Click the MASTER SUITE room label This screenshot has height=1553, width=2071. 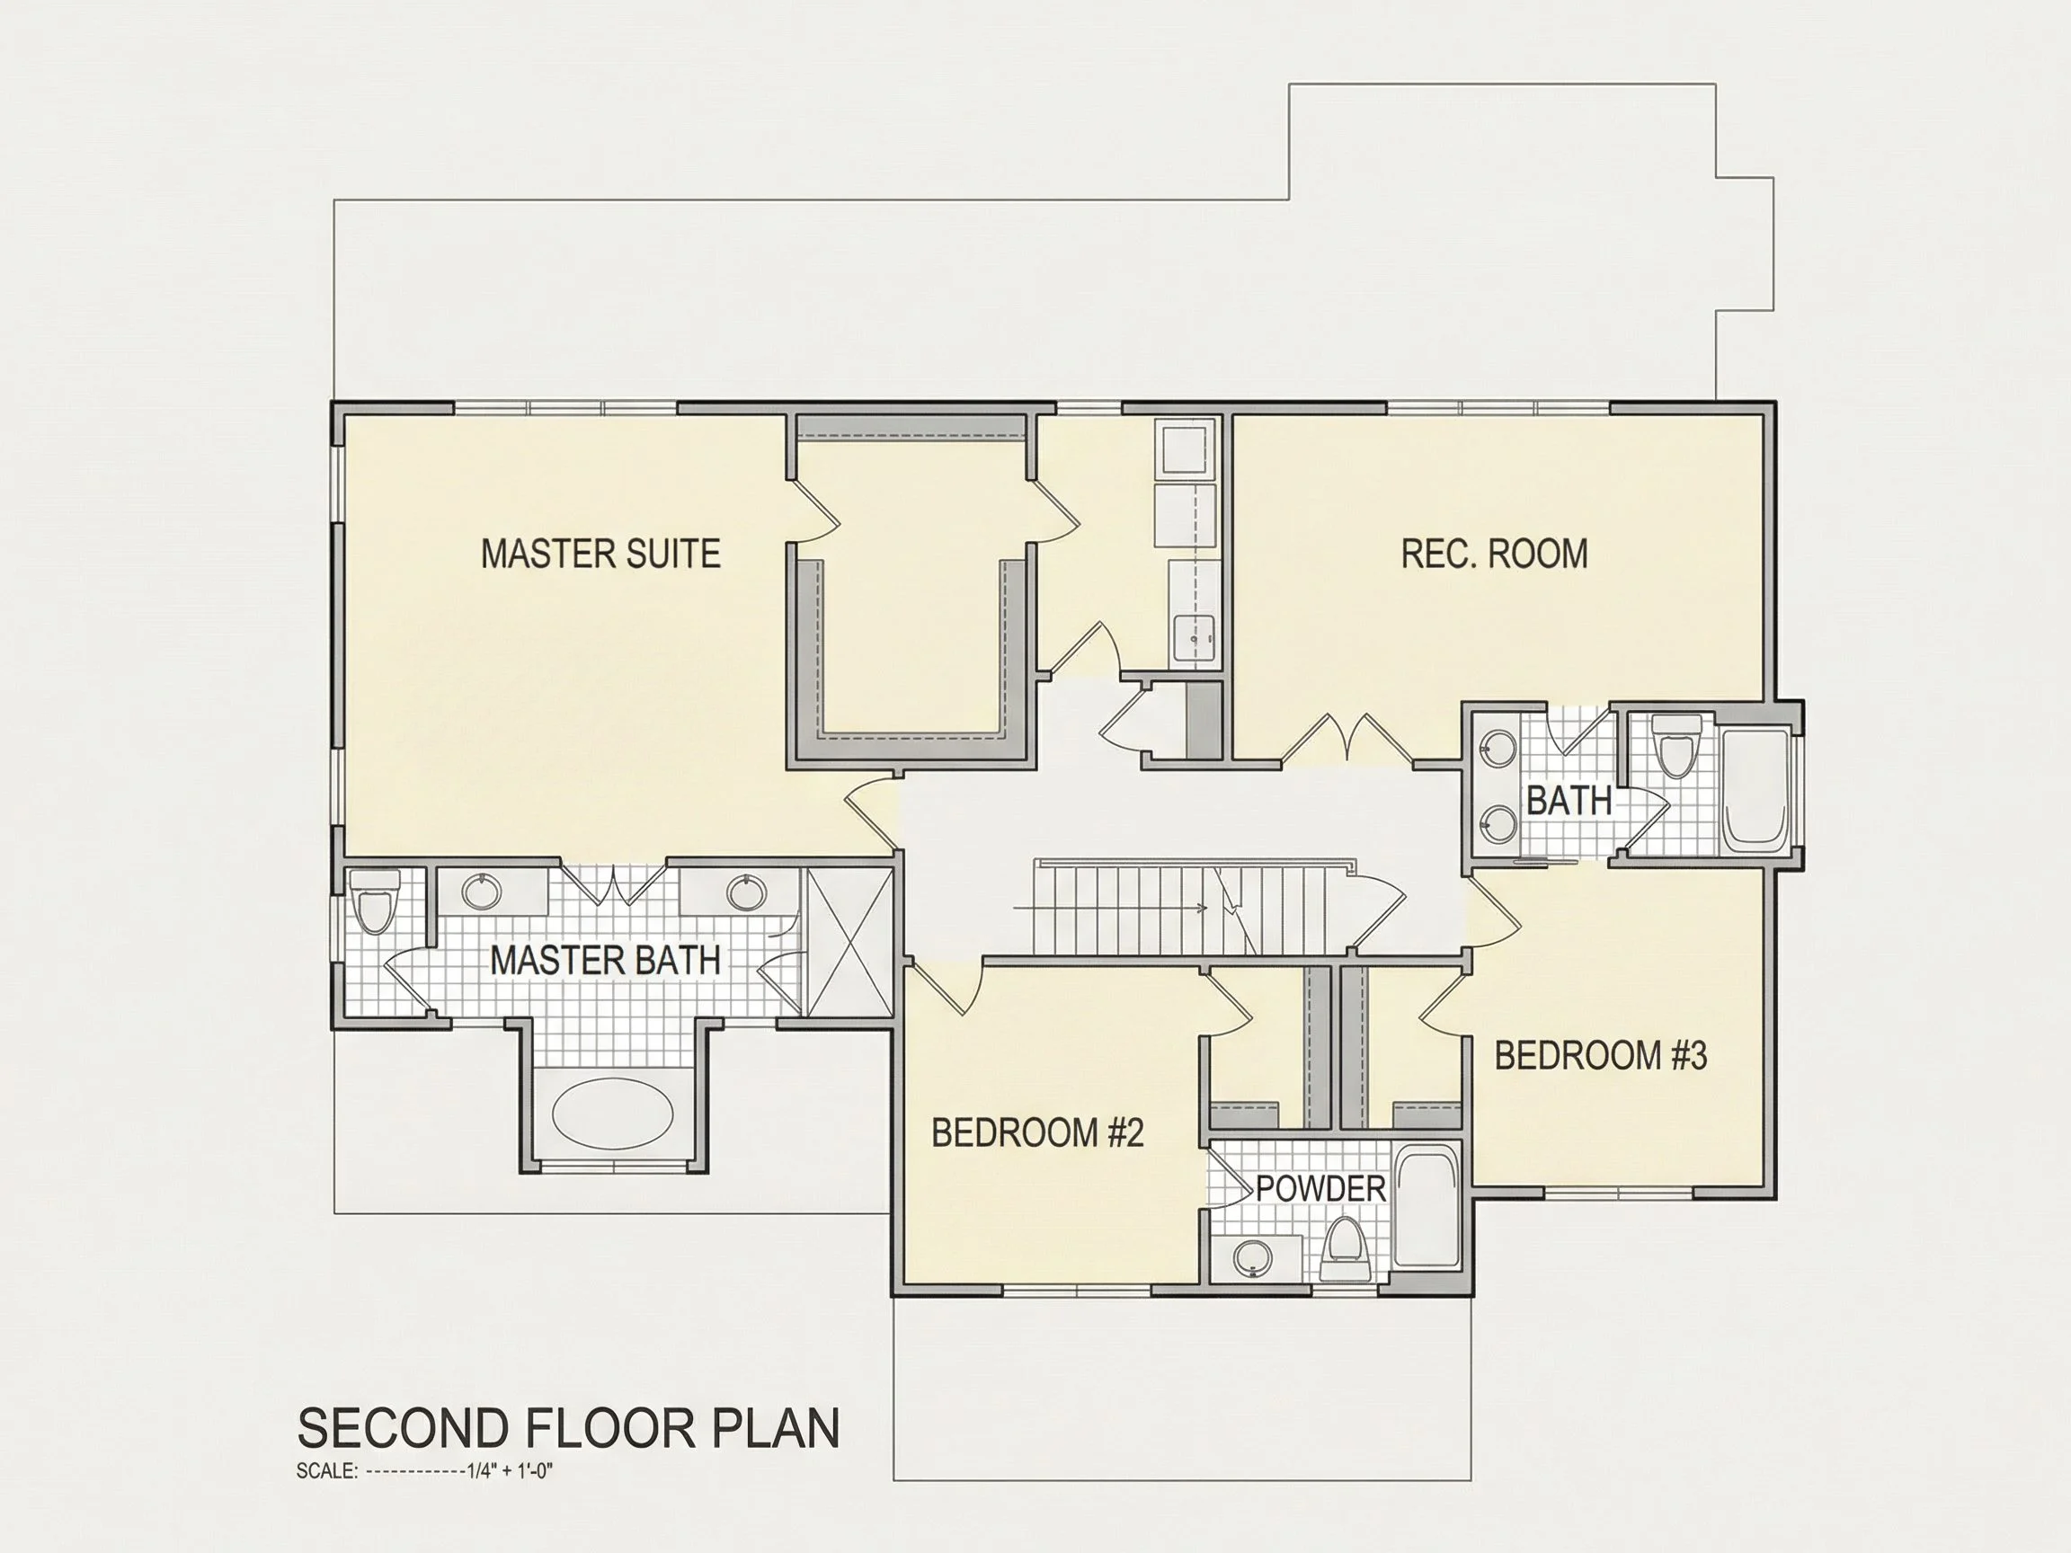[600, 554]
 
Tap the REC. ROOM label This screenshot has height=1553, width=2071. [1494, 554]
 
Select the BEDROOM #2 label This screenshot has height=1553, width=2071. [1037, 1132]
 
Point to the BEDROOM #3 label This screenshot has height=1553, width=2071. [1601, 1055]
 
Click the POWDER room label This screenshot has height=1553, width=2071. [1320, 1189]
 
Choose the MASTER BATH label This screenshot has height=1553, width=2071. [605, 960]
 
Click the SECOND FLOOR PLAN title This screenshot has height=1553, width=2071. [568, 1427]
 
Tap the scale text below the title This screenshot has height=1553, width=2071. [425, 1470]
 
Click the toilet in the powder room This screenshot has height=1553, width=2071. [1346, 1247]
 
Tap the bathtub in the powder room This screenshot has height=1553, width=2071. [1427, 1207]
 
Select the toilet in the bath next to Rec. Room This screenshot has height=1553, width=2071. [1676, 745]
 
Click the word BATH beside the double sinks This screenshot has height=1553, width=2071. [1569, 801]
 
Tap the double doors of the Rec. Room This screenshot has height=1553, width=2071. [1347, 737]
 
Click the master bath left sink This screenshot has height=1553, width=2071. [482, 891]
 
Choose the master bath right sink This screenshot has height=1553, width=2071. [746, 892]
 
